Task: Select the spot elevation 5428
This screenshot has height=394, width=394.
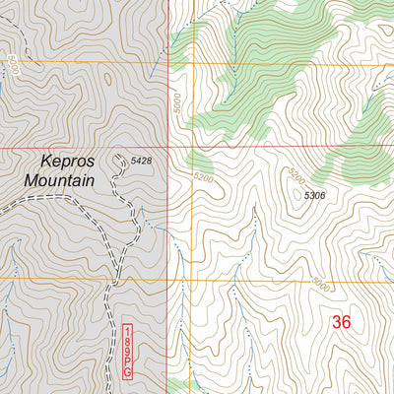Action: click(x=142, y=160)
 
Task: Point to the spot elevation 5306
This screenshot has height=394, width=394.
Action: click(x=314, y=196)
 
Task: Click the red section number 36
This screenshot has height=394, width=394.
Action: click(x=341, y=321)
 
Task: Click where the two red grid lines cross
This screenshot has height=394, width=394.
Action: click(x=167, y=149)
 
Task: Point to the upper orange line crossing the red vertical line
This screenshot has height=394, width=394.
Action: click(x=167, y=65)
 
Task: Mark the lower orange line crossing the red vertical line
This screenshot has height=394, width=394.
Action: click(x=168, y=279)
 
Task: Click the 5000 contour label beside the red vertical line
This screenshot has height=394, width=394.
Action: click(x=177, y=103)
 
